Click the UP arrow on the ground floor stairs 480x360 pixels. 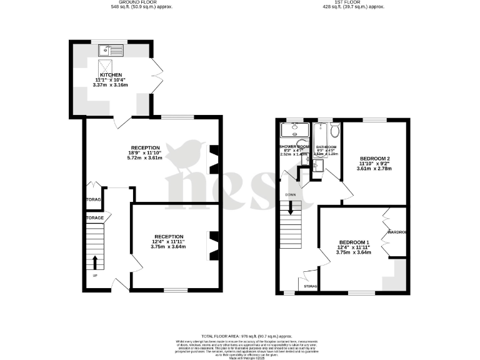pyautogui.click(x=95, y=262)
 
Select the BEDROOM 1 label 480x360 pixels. pyautogui.click(x=354, y=242)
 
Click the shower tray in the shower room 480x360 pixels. pyautogui.click(x=294, y=130)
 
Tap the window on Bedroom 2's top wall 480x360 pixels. pyautogui.click(x=374, y=119)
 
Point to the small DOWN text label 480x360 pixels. pyautogui.click(x=290, y=194)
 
